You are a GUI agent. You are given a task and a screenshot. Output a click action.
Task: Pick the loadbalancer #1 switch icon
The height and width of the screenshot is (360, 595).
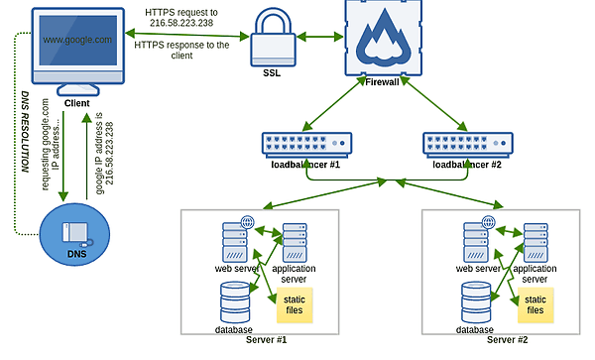[304, 144]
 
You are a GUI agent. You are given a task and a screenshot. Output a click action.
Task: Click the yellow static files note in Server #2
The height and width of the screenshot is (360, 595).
[535, 304]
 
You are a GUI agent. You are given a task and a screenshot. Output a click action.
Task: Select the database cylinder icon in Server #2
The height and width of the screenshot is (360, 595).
[475, 301]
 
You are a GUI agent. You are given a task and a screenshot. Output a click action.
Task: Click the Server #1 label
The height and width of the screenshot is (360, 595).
[265, 340]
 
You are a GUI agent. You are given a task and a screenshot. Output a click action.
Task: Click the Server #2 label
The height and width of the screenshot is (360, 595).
[506, 340]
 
